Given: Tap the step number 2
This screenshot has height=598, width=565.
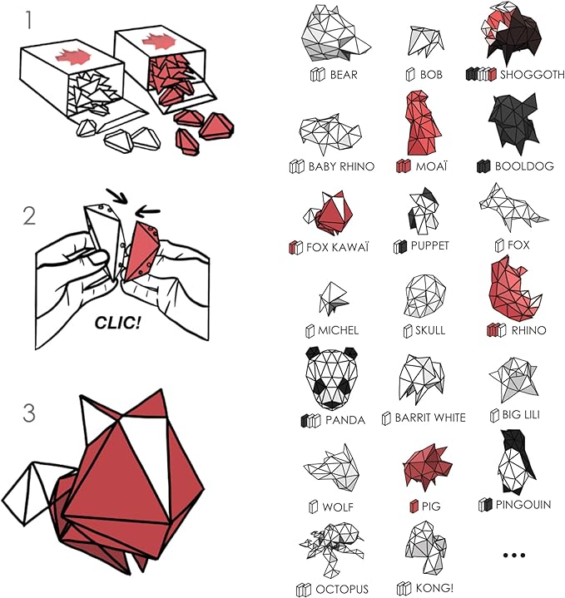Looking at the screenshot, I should (x=30, y=216).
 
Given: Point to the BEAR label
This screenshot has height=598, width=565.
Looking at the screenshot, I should (x=343, y=75).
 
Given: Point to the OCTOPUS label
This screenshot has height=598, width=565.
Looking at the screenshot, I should (x=342, y=589).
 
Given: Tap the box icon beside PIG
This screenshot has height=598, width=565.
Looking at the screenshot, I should (x=414, y=506).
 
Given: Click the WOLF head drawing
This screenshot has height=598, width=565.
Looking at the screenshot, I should (x=335, y=468).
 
